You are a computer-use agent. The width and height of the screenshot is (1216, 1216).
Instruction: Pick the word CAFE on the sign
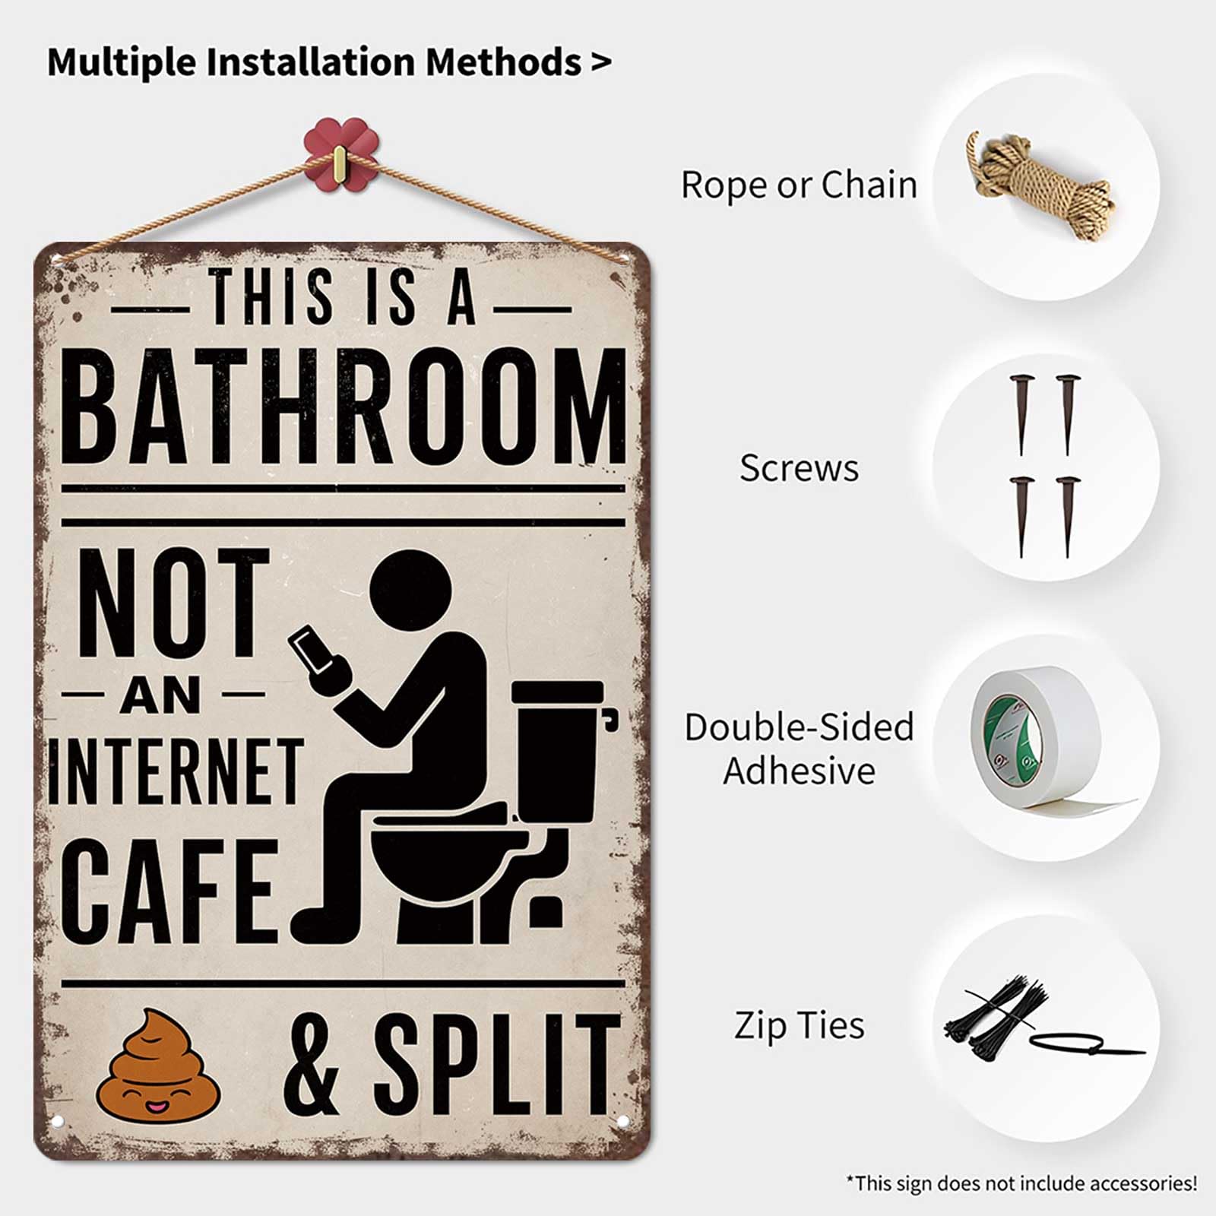point(171,891)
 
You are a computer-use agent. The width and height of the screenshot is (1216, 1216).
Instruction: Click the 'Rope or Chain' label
point(799,185)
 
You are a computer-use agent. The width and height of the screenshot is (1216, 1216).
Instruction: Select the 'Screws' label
point(799,467)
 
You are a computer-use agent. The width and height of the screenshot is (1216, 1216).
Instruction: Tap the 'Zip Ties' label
point(799,1024)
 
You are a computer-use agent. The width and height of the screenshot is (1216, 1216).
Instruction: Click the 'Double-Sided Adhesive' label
point(799,749)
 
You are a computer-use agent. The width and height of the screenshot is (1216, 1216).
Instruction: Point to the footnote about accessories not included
point(1021,1183)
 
